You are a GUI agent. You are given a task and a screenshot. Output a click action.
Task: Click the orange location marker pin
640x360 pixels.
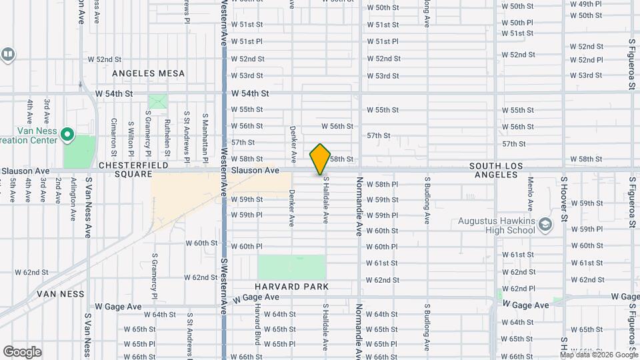(321, 159)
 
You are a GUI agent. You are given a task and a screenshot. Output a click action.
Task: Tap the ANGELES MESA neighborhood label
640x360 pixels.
(148, 73)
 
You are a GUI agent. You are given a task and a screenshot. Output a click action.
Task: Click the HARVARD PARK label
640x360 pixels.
(292, 287)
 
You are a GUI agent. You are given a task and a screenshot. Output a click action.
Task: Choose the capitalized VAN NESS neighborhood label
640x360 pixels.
(61, 293)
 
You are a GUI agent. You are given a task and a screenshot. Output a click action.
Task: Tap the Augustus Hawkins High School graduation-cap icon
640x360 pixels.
(546, 224)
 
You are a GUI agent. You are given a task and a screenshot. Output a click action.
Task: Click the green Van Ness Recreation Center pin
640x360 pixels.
(67, 136)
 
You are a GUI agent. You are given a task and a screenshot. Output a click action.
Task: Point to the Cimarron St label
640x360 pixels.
(114, 133)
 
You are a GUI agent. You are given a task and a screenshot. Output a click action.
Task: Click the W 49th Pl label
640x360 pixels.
(585, 3)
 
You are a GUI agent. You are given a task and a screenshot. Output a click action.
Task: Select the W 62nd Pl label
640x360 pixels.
(518, 289)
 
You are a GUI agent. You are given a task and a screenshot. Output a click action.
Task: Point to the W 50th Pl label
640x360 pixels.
(517, 23)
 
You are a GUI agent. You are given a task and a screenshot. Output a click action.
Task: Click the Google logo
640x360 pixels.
(22, 351)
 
